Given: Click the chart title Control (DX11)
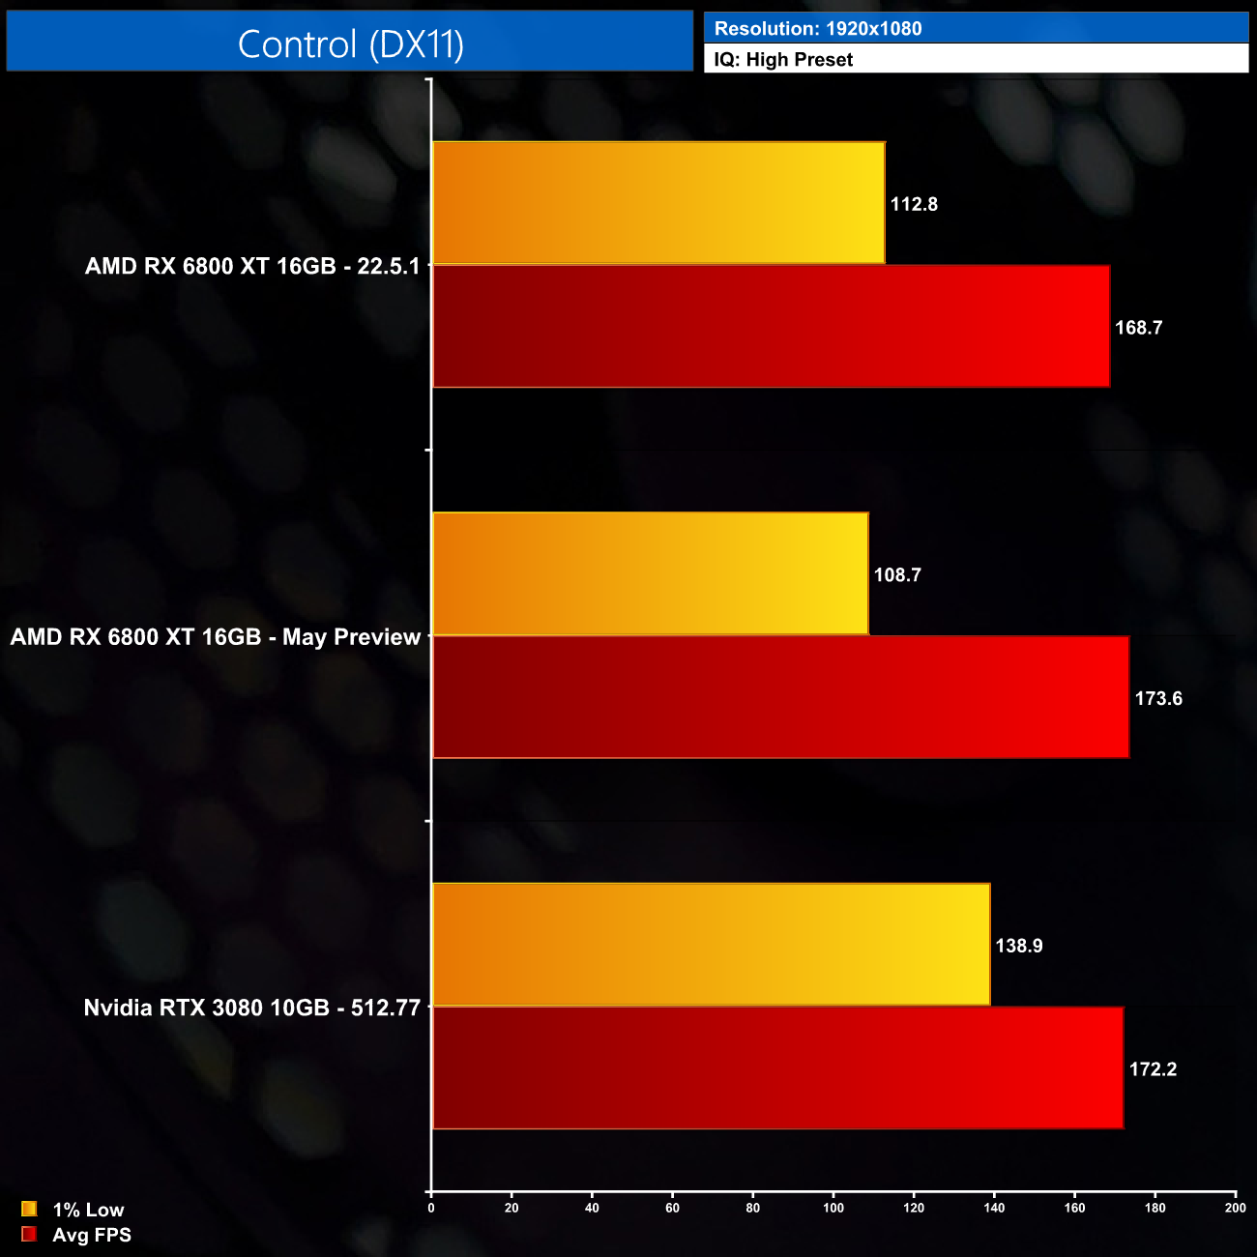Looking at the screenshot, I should click(x=350, y=44).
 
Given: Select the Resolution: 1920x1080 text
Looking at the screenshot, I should click(x=818, y=29).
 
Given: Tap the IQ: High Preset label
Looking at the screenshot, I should click(x=783, y=60).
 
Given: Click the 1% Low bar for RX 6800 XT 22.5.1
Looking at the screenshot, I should click(x=658, y=203).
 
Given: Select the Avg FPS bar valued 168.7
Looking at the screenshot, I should click(x=771, y=327).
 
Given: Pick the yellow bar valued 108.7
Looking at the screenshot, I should click(x=650, y=574).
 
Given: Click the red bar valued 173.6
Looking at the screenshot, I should click(x=780, y=698).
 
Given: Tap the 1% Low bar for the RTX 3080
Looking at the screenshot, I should click(x=711, y=945).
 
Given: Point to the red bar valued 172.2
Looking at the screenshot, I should click(x=777, y=1068).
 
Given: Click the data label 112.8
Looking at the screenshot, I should click(x=914, y=204).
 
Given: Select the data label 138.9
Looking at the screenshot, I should click(x=1019, y=946).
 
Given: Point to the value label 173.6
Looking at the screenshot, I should click(x=1158, y=698).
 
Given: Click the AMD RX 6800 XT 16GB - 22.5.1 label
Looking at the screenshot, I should click(x=252, y=266).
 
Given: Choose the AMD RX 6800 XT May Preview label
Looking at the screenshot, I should click(x=216, y=637).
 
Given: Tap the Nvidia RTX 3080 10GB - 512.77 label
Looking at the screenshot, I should click(x=252, y=1008).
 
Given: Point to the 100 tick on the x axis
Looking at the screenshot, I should click(x=833, y=1208).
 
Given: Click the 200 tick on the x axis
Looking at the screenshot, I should click(x=1235, y=1208).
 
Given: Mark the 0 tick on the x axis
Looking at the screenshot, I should click(x=431, y=1208).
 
